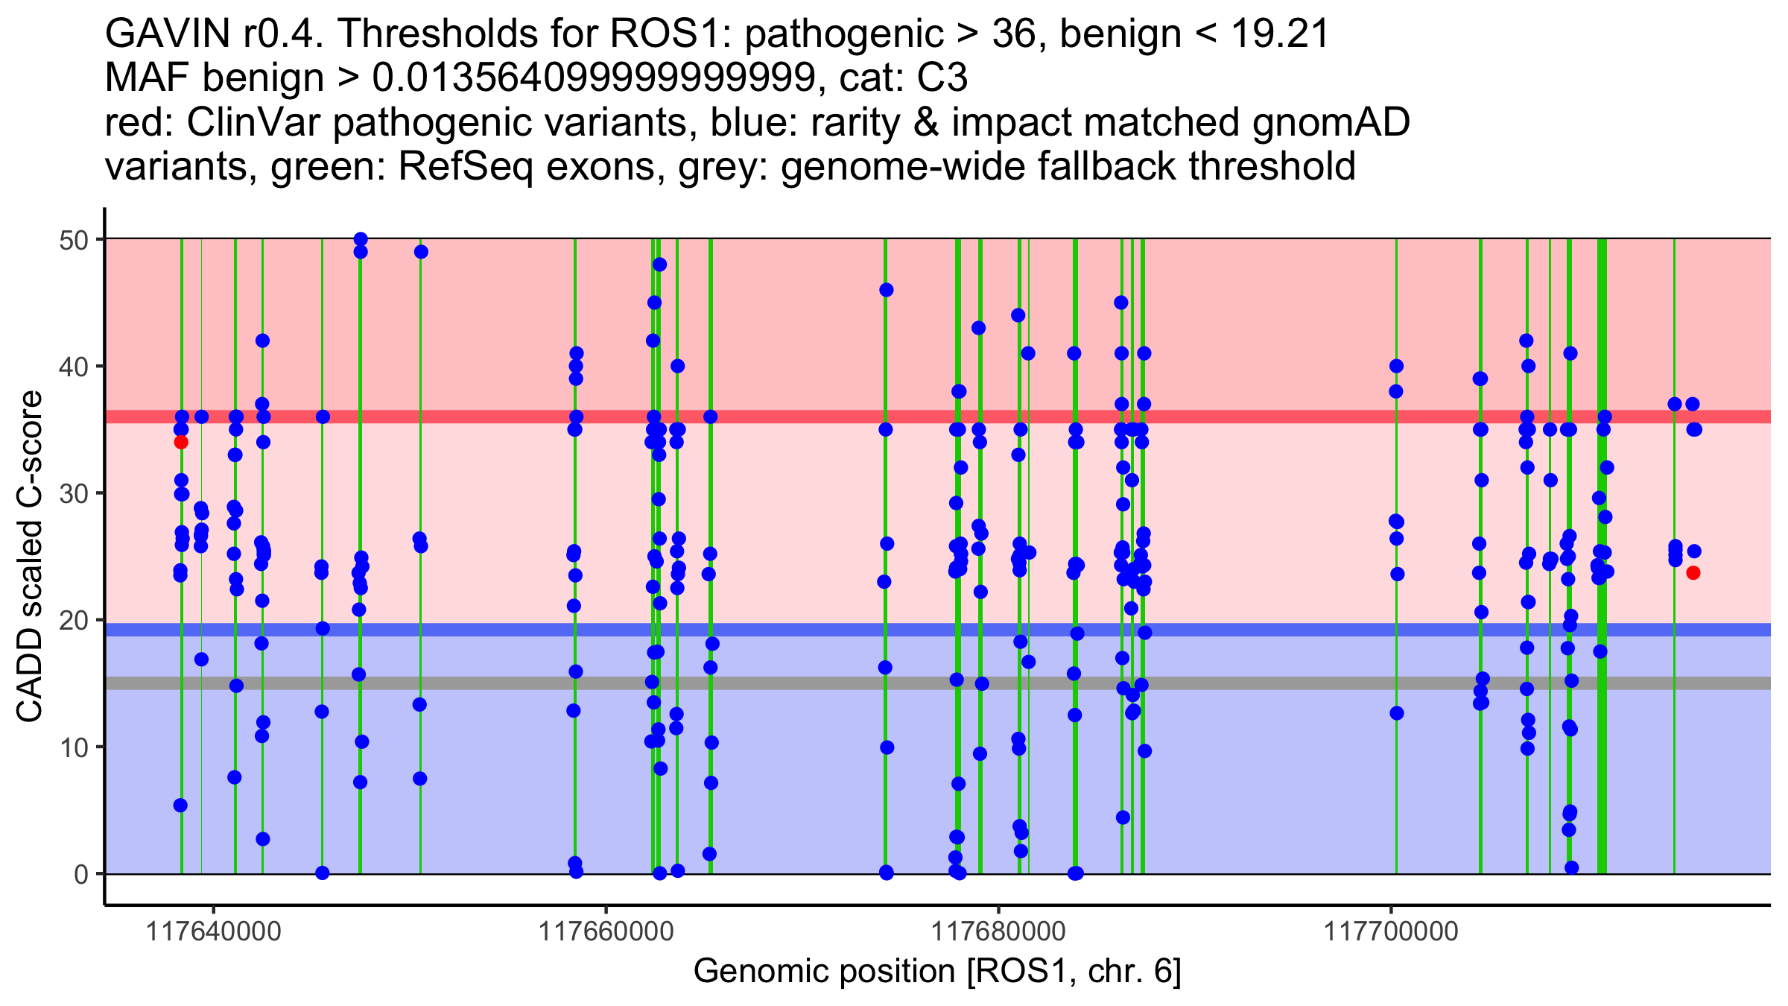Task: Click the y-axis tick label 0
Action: pos(81,874)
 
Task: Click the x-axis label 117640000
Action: pos(215,932)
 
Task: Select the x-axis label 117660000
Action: pos(606,932)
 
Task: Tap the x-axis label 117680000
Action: pos(998,932)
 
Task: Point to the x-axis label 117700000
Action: pos(1390,932)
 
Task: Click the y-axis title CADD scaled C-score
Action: pos(30,557)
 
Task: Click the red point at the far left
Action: pos(181,443)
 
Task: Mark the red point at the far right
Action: pos(1693,573)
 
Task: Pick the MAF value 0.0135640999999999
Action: pos(595,78)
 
